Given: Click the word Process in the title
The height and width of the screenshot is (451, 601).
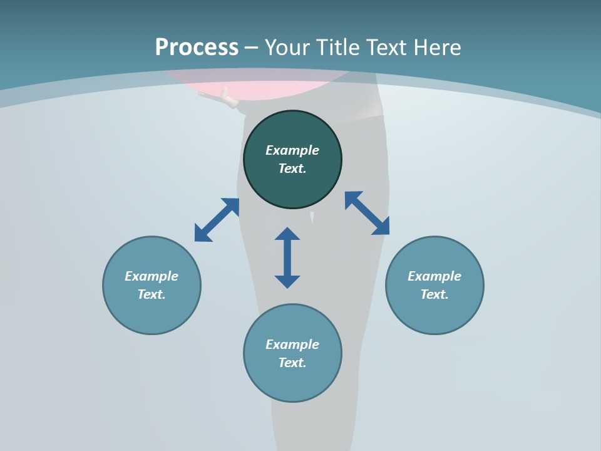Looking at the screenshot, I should click(x=197, y=48).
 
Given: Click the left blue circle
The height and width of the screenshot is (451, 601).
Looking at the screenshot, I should click(x=152, y=313).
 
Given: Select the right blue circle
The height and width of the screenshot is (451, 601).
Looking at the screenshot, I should click(x=434, y=313).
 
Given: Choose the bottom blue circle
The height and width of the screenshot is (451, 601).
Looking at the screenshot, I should click(x=292, y=382).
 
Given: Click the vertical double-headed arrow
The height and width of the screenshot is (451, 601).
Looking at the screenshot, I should click(x=287, y=257).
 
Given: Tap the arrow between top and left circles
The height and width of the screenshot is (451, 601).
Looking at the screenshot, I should click(x=217, y=220).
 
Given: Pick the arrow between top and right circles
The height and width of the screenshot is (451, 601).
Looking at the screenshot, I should click(x=367, y=214).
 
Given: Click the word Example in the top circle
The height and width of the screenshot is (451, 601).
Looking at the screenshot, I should click(x=292, y=150).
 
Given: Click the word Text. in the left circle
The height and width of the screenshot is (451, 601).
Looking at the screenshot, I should click(x=152, y=294).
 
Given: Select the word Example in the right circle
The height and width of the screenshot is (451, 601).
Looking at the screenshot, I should click(x=434, y=276).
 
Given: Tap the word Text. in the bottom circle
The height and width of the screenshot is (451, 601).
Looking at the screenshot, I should click(x=292, y=363).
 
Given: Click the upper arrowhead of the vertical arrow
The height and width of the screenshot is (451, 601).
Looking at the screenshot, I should click(x=287, y=234).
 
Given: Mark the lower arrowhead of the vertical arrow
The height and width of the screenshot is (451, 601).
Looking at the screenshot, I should click(x=287, y=281).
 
